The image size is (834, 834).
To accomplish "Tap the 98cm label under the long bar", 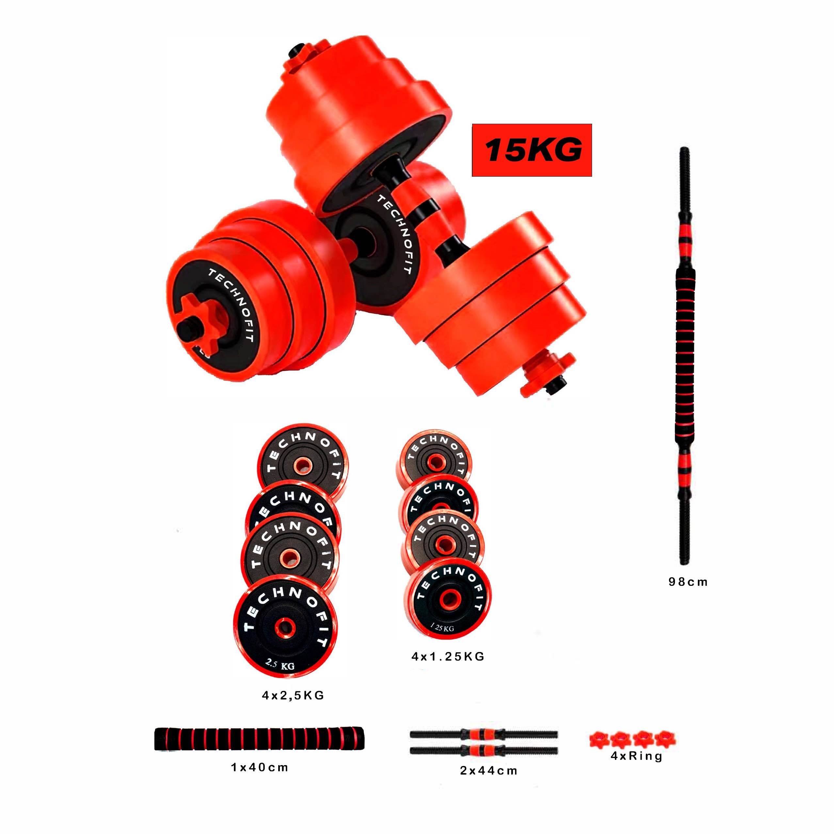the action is [688, 582].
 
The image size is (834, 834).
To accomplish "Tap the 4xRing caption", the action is [636, 756].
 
